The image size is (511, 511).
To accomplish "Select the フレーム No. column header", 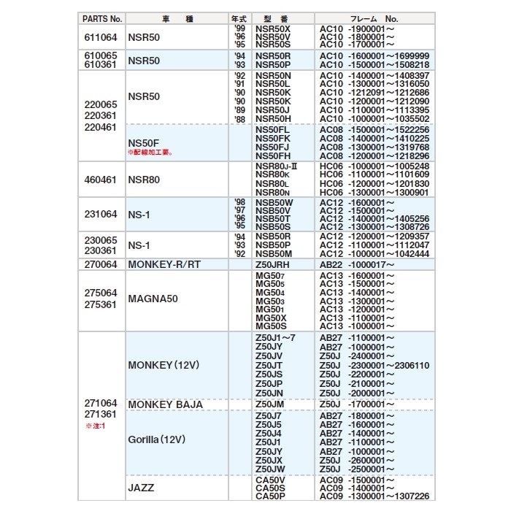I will coord(372,18).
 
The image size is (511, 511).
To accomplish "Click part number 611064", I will coord(101,36).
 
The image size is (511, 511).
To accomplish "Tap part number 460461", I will coord(101,179).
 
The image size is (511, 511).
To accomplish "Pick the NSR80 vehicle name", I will coord(144,179).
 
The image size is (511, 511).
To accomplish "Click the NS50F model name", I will coord(143,143).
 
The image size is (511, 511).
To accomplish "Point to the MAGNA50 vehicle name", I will coord(153,299).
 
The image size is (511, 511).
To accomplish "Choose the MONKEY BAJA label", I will coord(165,404).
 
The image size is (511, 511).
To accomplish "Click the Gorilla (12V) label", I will coord(157,440).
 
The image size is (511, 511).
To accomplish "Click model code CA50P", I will coord(270,497).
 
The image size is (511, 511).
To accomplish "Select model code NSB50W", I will coord(274,202).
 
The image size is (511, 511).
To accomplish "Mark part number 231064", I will coord(101,215).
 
